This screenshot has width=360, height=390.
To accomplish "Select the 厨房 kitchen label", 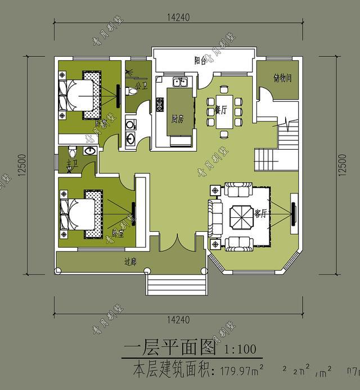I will coord(178,119).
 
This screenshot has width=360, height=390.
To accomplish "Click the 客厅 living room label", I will coord(260,213).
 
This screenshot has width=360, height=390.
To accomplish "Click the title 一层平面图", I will coord(170,348).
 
